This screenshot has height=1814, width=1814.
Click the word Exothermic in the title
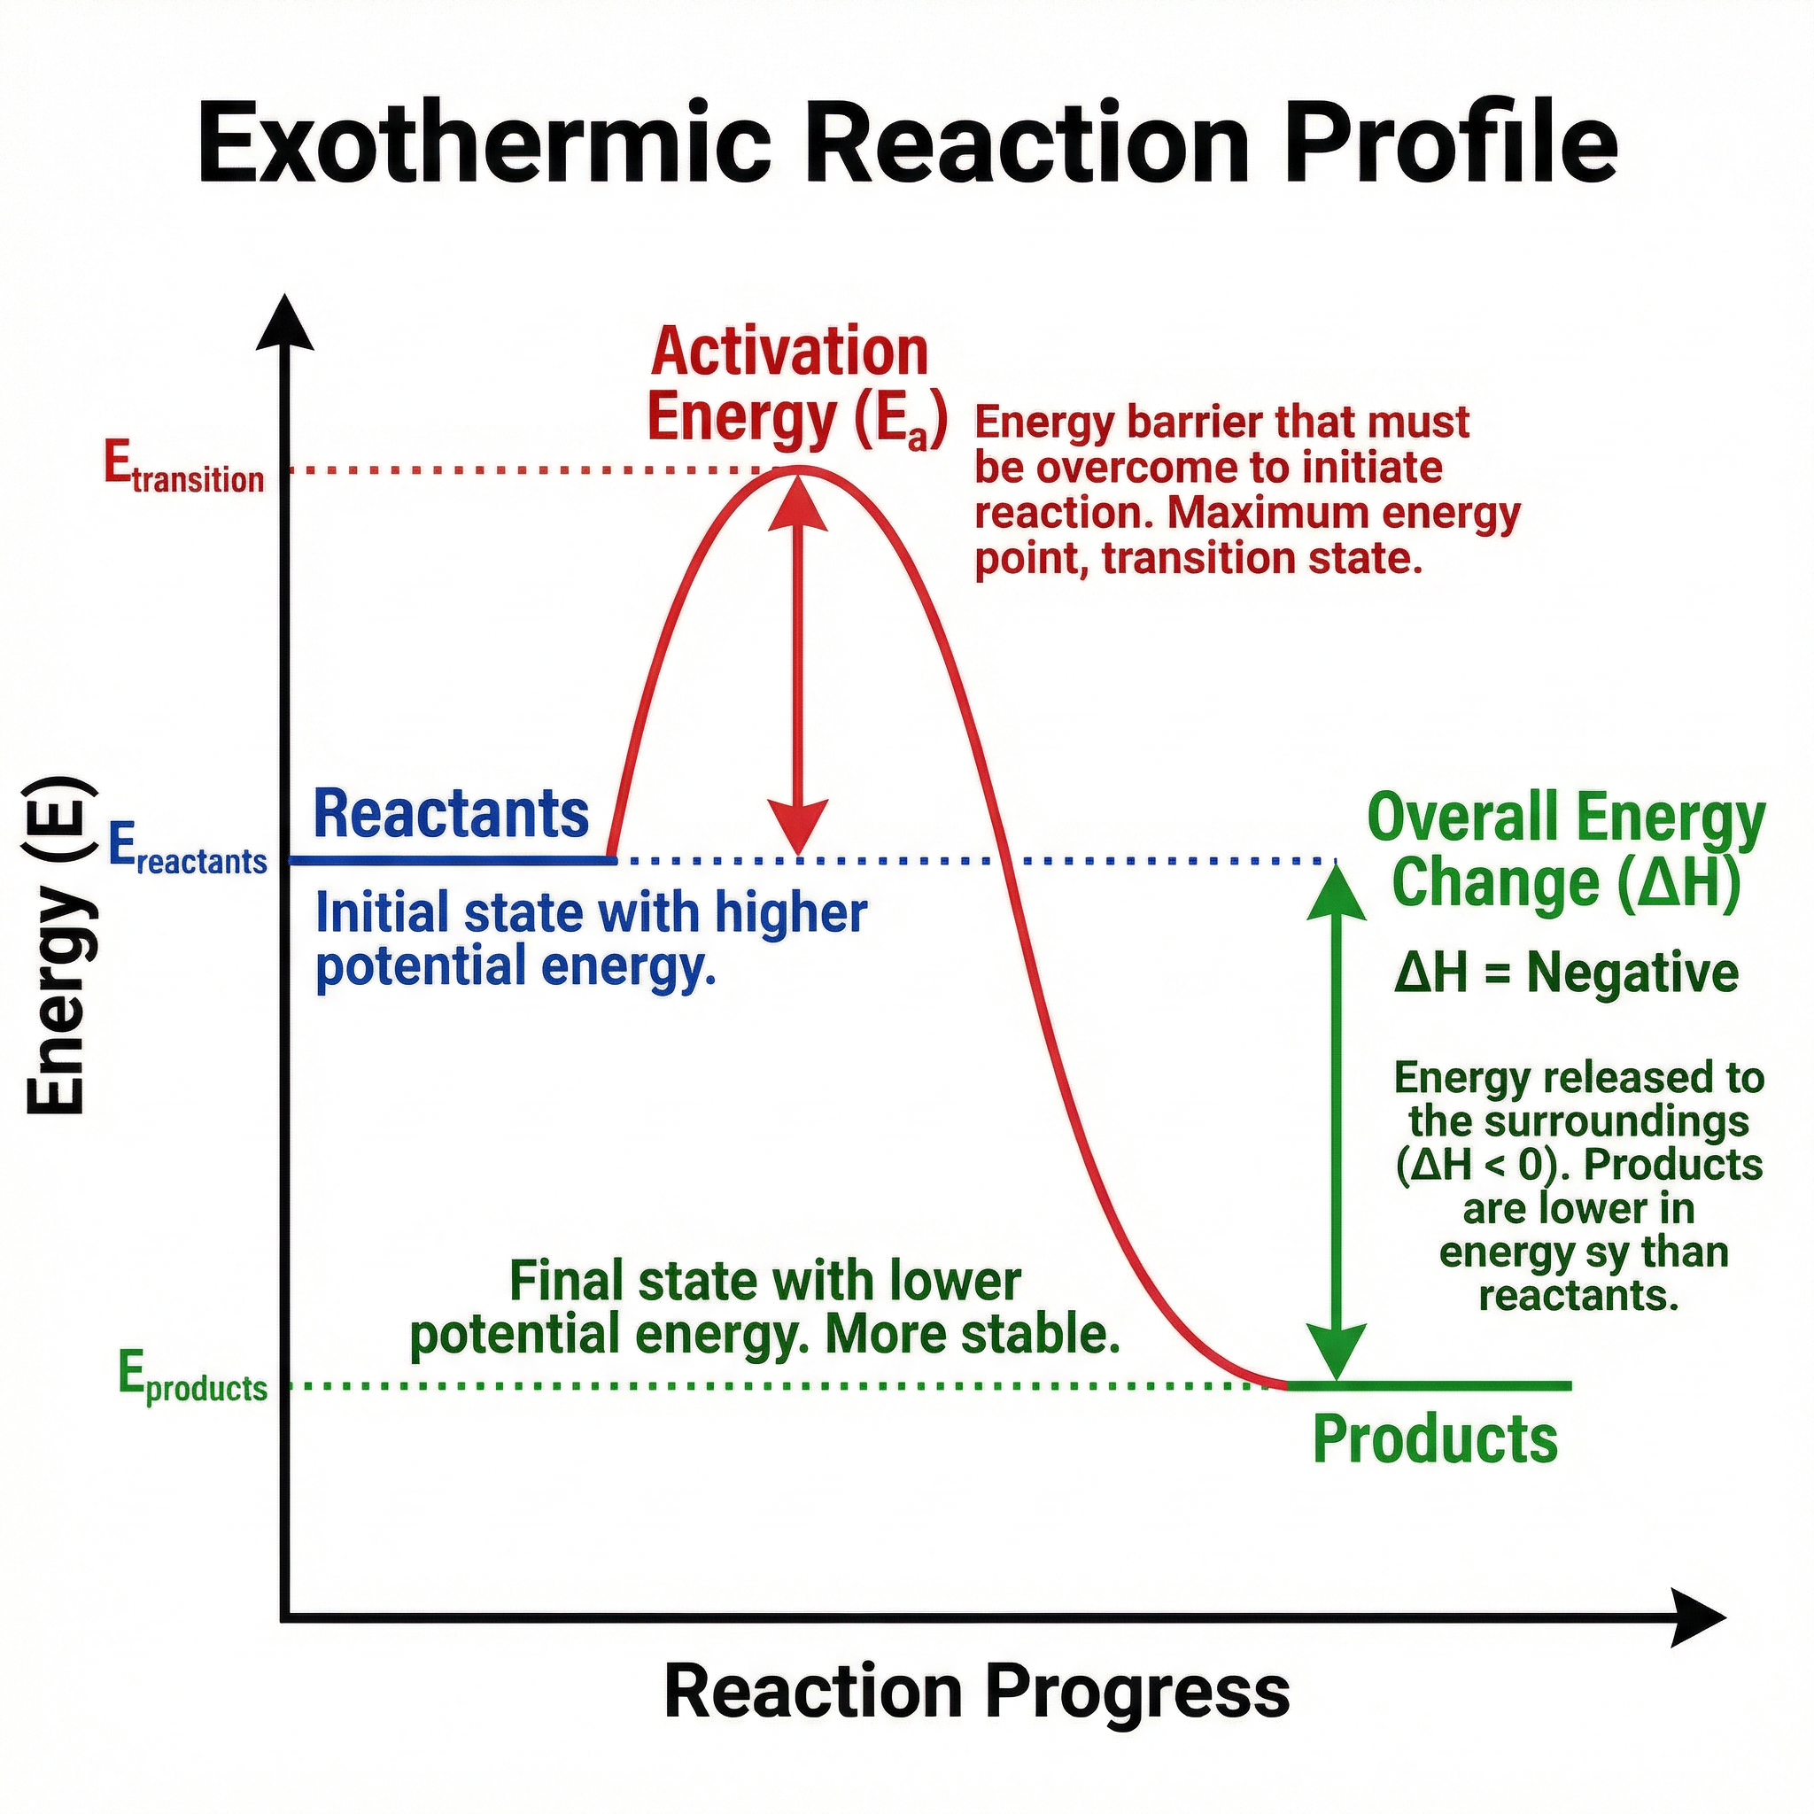[x=484, y=143]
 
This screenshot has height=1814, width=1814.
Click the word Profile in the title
[x=1451, y=143]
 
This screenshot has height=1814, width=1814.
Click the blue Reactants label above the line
[x=451, y=815]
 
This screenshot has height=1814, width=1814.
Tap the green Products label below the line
[x=1435, y=1438]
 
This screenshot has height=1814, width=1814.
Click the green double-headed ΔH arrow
[x=1336, y=1122]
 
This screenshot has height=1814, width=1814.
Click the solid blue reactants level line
[x=451, y=859]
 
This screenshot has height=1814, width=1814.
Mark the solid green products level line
[x=1427, y=1385]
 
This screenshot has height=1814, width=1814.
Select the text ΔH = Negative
[x=1566, y=972]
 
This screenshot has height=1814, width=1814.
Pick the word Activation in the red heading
[x=788, y=353]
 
